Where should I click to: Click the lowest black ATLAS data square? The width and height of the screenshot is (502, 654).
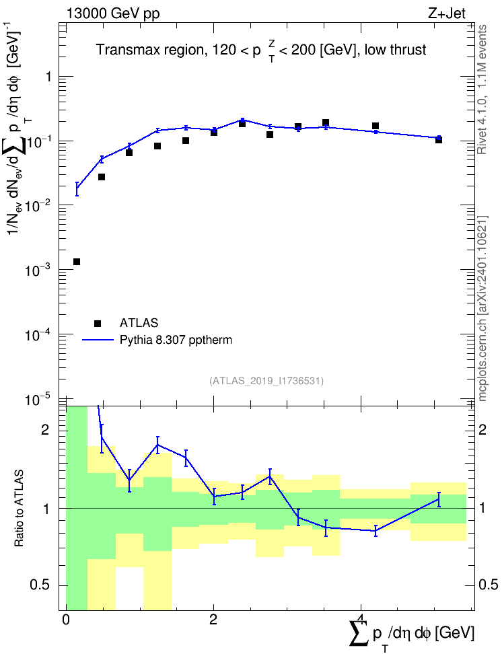[76, 262]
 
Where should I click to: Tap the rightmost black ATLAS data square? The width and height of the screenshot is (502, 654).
[439, 140]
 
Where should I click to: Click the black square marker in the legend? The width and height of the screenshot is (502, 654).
[98, 323]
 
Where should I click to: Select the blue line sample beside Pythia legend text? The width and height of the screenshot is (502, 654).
[98, 340]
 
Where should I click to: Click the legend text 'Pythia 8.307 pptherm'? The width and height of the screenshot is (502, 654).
[176, 340]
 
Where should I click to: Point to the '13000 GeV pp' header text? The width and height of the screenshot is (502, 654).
[112, 13]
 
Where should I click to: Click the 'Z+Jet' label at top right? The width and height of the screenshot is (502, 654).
[447, 13]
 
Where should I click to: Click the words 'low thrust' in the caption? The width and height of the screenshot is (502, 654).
[395, 50]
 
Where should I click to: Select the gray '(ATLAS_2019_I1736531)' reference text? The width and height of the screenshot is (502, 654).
[266, 380]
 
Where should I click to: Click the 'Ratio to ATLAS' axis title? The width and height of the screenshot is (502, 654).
[19, 509]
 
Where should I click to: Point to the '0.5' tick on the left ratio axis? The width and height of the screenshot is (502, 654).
[40, 585]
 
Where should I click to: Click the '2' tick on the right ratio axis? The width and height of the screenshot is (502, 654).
[482, 429]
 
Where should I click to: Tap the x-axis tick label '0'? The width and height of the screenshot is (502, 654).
[66, 620]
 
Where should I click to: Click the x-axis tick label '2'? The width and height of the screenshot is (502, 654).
[213, 620]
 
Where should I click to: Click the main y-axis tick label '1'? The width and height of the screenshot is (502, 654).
[49, 77]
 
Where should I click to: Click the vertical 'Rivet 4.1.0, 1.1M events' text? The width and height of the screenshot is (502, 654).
[482, 89]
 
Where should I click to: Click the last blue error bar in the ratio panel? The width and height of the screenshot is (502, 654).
[439, 499]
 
